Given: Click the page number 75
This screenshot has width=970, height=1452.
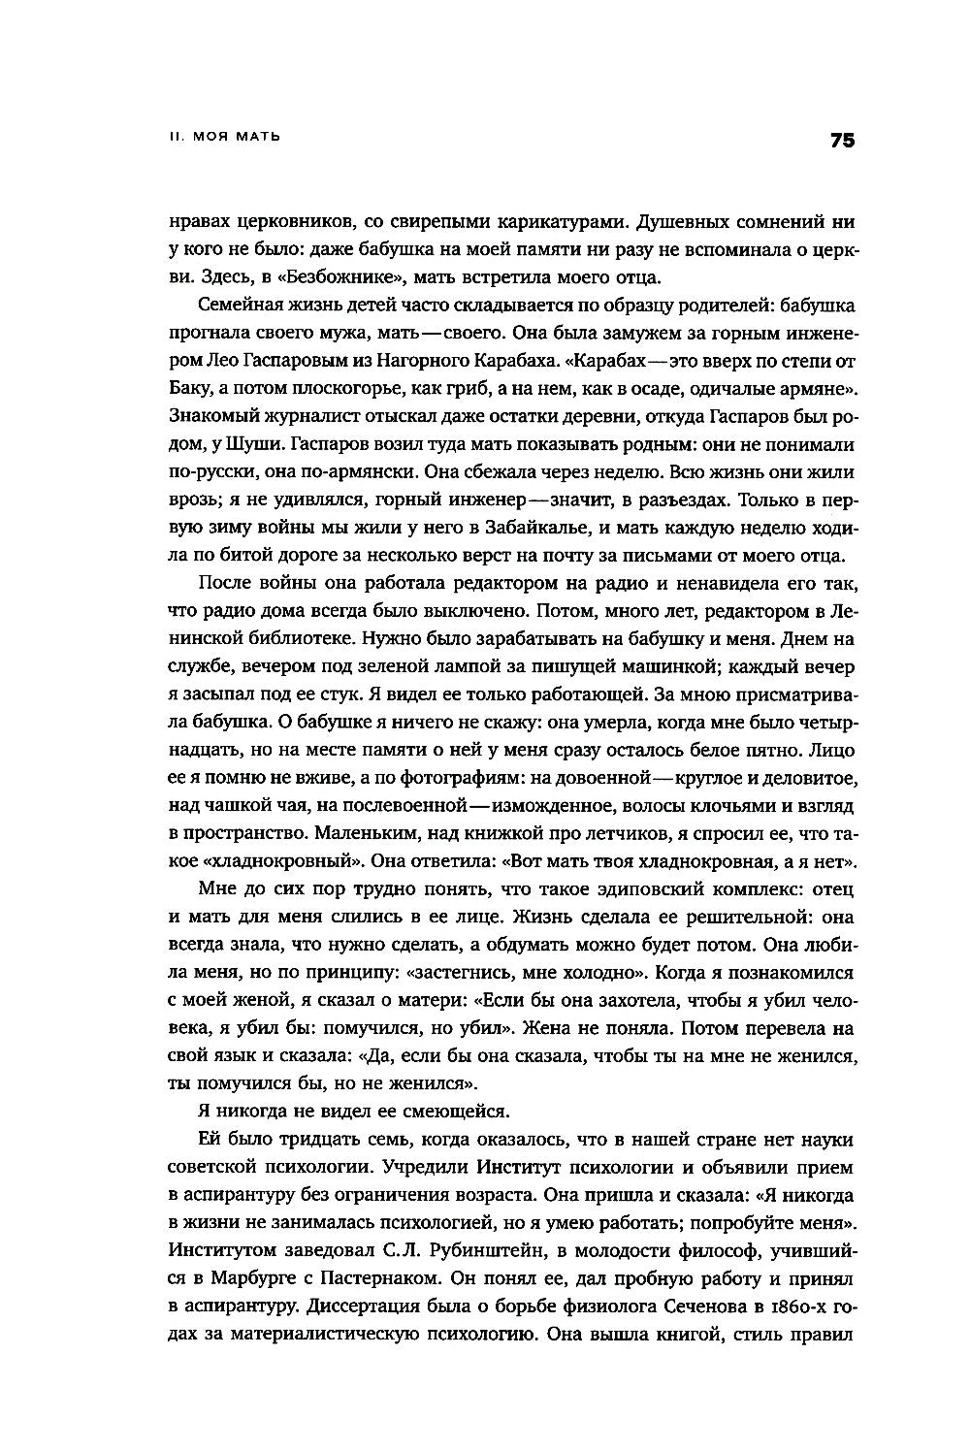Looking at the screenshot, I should pyautogui.click(x=841, y=141).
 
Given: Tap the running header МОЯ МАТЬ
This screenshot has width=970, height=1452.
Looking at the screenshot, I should pyautogui.click(x=236, y=137).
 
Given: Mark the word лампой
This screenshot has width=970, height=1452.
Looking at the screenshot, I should pyautogui.click(x=432, y=667).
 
